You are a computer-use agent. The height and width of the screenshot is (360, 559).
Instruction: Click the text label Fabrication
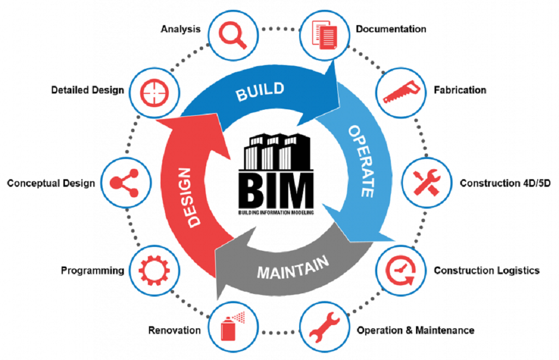click(x=460, y=90)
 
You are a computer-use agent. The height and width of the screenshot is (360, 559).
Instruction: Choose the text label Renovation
click(x=174, y=330)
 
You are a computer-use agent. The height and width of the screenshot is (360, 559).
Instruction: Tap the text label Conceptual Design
click(x=51, y=183)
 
